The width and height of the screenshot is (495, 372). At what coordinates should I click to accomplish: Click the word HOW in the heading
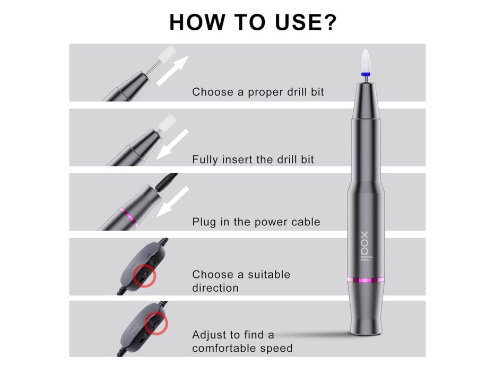pyautogui.click(x=197, y=22)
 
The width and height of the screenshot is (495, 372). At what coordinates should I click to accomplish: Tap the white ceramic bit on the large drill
pyautogui.click(x=366, y=61)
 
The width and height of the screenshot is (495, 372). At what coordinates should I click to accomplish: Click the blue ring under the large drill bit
pyautogui.click(x=366, y=74)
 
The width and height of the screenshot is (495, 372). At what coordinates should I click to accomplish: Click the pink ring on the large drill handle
pyautogui.click(x=366, y=280)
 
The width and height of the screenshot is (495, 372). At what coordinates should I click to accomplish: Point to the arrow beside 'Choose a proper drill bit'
pyautogui.click(x=172, y=70)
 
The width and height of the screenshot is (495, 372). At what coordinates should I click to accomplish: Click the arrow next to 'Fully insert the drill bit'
pyautogui.click(x=172, y=144)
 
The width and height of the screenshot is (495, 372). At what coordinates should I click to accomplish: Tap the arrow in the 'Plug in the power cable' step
pyautogui.click(x=172, y=201)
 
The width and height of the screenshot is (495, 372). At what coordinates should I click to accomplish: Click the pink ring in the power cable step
pyautogui.click(x=129, y=217)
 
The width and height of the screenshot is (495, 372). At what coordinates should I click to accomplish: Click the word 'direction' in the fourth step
pyautogui.click(x=215, y=288)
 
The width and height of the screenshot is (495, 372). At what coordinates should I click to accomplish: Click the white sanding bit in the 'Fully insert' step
pyautogui.click(x=168, y=123)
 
